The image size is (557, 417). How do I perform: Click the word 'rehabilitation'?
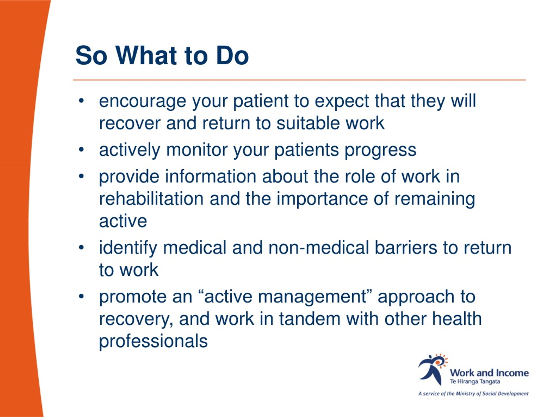151,199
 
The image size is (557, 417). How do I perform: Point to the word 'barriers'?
406,248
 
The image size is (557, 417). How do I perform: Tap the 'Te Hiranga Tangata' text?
475,382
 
